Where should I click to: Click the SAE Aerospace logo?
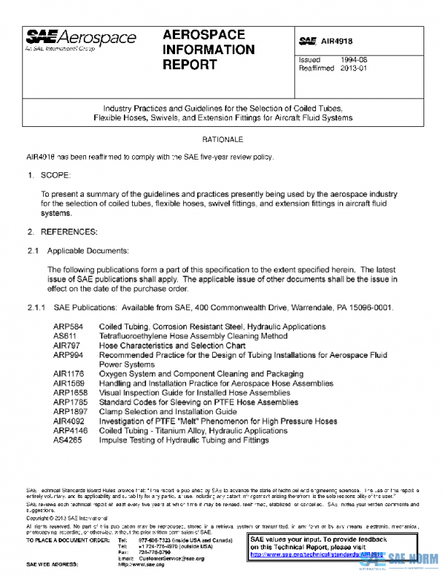click(82, 39)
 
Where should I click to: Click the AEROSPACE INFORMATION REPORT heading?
click(208, 50)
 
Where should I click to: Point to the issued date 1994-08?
click(352, 59)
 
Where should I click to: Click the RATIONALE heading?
click(222, 140)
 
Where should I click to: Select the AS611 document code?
click(65, 336)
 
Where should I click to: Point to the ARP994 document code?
click(67, 356)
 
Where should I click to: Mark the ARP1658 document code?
click(70, 393)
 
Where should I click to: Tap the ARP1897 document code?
click(70, 411)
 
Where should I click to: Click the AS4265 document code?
click(67, 439)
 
